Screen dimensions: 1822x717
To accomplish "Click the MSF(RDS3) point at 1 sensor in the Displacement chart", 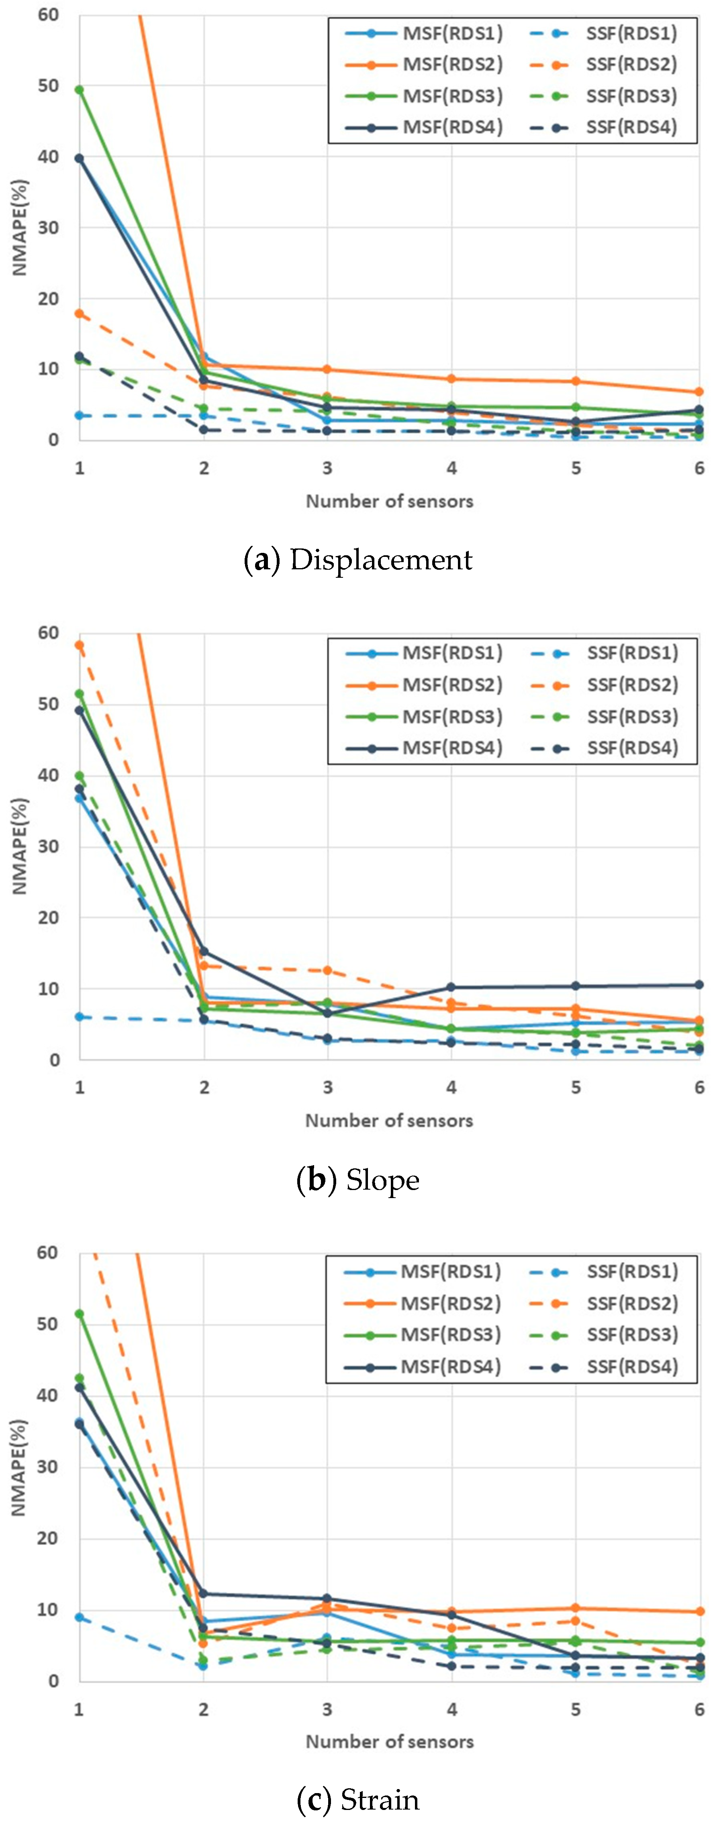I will coord(79,90).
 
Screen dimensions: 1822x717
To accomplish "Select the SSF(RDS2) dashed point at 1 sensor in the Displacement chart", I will coord(79,313).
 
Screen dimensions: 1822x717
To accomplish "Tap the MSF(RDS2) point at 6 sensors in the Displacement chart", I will coord(699,392).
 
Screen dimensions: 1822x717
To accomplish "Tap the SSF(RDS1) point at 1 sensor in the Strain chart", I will coord(79,1618).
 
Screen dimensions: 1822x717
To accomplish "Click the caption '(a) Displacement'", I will coord(357,559).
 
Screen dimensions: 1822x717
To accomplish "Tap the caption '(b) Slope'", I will coord(357,1180).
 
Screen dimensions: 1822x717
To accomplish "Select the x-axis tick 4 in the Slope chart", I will coord(451,1087).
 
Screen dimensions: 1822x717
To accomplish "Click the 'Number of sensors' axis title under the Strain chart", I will coord(389,1740).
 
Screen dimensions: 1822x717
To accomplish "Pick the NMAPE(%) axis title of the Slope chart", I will coord(20,846).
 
